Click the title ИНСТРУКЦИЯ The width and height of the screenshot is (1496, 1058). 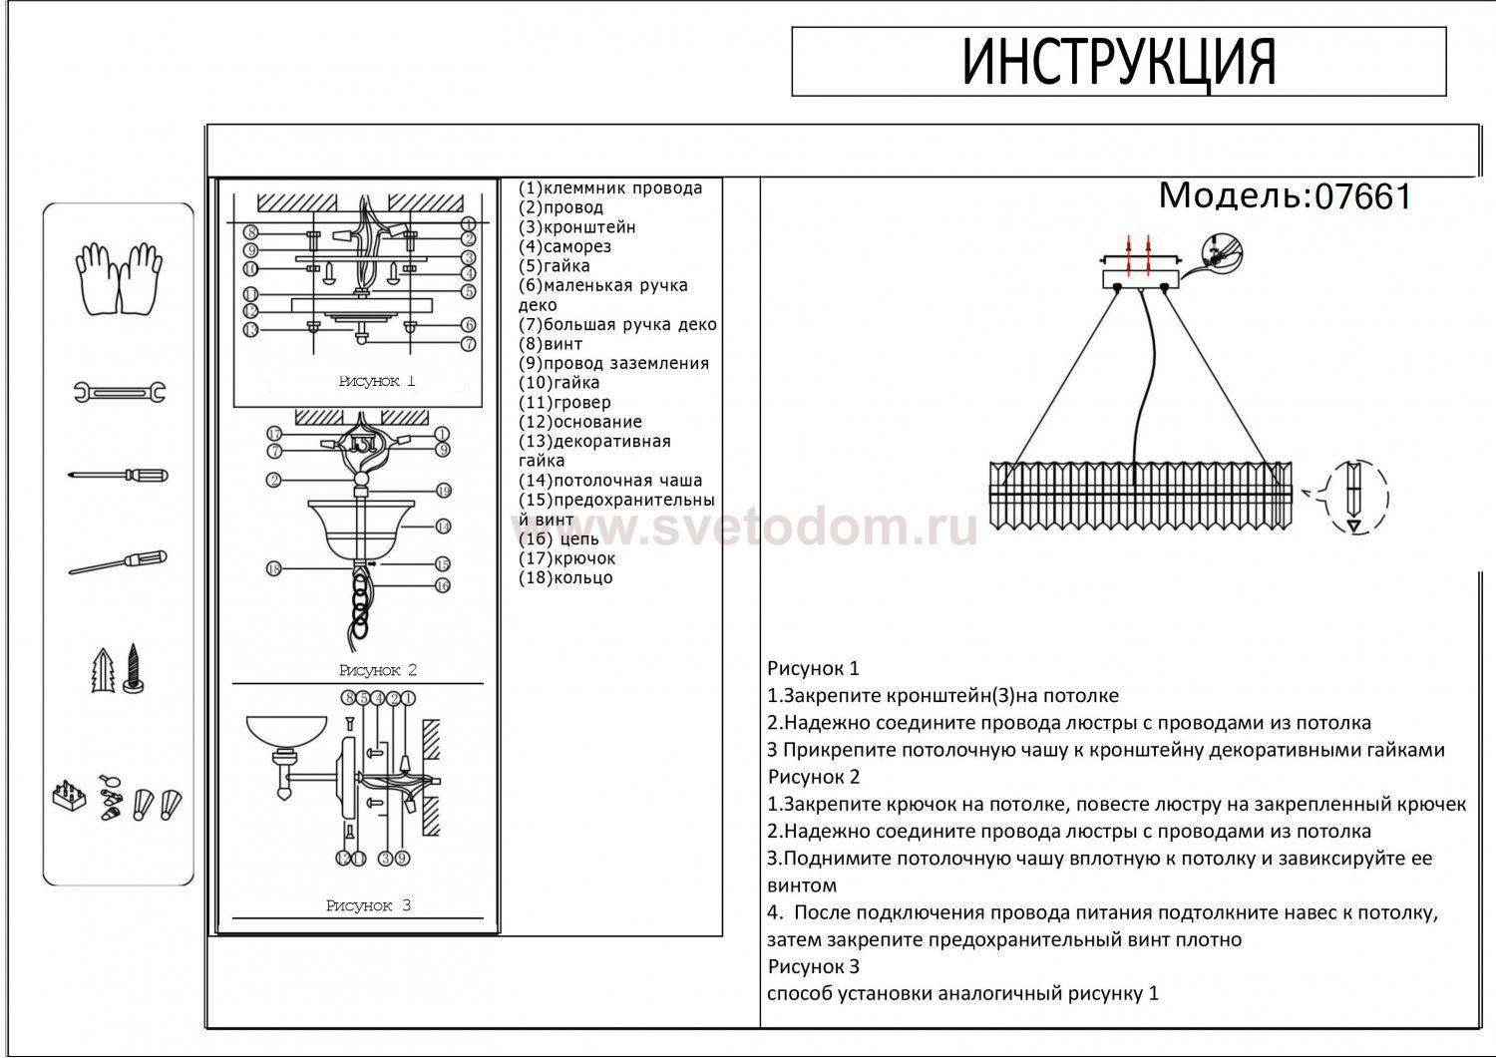1118,62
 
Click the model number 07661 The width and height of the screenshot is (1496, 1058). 1363,197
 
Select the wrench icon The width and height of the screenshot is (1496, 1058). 119,392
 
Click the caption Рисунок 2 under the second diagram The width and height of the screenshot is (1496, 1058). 377,670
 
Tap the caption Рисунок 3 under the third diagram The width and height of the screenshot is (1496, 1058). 368,905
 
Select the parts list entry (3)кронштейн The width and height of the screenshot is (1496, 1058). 576,227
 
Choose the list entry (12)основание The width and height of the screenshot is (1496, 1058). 580,422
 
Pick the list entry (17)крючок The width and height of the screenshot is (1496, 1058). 566,558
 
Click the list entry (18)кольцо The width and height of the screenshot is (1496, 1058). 565,578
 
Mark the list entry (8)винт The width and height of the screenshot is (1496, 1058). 551,344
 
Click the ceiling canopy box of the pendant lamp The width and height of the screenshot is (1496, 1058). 1141,276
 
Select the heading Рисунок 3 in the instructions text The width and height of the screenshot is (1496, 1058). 813,966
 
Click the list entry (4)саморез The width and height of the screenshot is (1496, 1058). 564,246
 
